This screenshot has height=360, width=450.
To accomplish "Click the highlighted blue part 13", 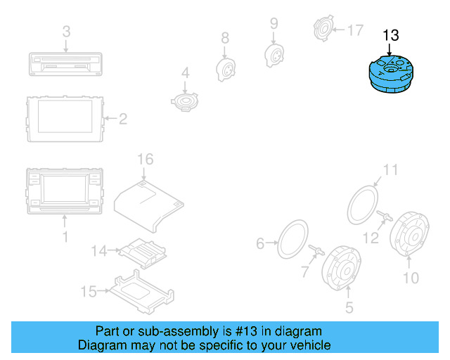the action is tap(390, 75).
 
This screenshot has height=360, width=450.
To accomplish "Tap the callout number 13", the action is tap(390, 35).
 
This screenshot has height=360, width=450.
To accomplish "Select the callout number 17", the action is tap(355, 30).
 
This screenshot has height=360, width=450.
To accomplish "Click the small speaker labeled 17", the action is tap(323, 30).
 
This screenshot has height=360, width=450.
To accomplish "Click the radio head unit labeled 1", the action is tap(65, 190).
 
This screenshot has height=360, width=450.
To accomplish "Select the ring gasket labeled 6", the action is tap(293, 239).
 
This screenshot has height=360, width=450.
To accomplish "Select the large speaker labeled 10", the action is tap(410, 237).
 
